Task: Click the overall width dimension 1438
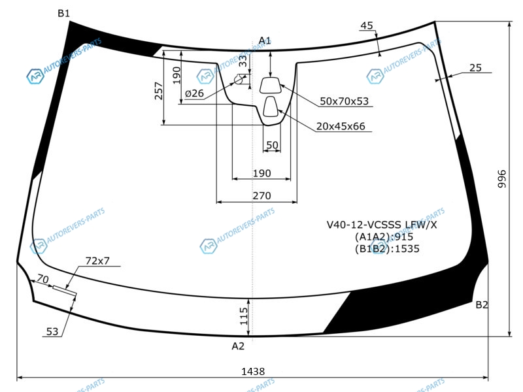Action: pyautogui.click(x=253, y=371)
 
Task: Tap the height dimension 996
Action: pyautogui.click(x=501, y=178)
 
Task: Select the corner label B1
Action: pyautogui.click(x=63, y=13)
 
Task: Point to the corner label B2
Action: pyautogui.click(x=482, y=304)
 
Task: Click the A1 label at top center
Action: pyautogui.click(x=265, y=41)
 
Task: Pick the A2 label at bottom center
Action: pyautogui.click(x=238, y=346)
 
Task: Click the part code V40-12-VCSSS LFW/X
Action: pyautogui.click(x=382, y=225)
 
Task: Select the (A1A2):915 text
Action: pyautogui.click(x=384, y=237)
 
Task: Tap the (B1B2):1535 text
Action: pyautogui.click(x=387, y=249)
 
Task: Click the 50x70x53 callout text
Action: pyautogui.click(x=345, y=101)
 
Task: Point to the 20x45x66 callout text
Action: pyautogui.click(x=341, y=126)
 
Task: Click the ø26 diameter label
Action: pyautogui.click(x=194, y=93)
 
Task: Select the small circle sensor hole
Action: pyautogui.click(x=239, y=80)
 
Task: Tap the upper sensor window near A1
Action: pyautogui.click(x=270, y=86)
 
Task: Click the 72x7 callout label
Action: pyautogui.click(x=97, y=261)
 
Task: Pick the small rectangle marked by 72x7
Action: pyautogui.click(x=65, y=291)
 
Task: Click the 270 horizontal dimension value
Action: pyautogui.click(x=261, y=195)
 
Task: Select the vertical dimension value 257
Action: pyautogui.click(x=159, y=91)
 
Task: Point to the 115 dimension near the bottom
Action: pyautogui.click(x=244, y=316)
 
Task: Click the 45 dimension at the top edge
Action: pyautogui.click(x=367, y=25)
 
